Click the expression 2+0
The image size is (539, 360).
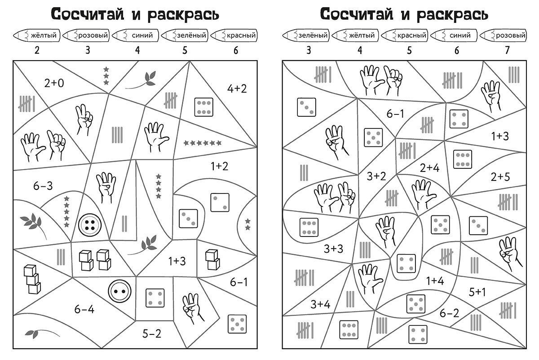(x=54, y=83)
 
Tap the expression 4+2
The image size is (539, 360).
(x=237, y=89)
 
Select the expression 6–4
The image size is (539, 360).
(x=84, y=309)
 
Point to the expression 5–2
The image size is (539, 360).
(x=152, y=334)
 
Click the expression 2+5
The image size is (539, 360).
(x=500, y=177)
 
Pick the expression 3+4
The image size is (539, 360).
(x=320, y=304)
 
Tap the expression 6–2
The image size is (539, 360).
(x=449, y=313)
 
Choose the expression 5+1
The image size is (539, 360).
(x=477, y=292)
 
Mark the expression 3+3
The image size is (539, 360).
(x=333, y=249)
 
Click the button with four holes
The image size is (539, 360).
(x=90, y=225)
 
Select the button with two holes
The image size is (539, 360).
(x=120, y=291)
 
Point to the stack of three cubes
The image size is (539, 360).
(x=32, y=279)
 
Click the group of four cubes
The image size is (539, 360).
(x=95, y=260)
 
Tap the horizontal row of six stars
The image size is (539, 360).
(x=203, y=143)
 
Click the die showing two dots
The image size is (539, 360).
(x=220, y=202)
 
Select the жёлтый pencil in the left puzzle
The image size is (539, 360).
(x=36, y=35)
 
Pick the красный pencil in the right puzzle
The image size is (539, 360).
(x=404, y=35)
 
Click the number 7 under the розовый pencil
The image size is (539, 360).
(x=507, y=50)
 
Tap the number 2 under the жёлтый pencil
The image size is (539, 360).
(x=37, y=50)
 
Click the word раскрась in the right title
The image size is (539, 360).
(x=452, y=14)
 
